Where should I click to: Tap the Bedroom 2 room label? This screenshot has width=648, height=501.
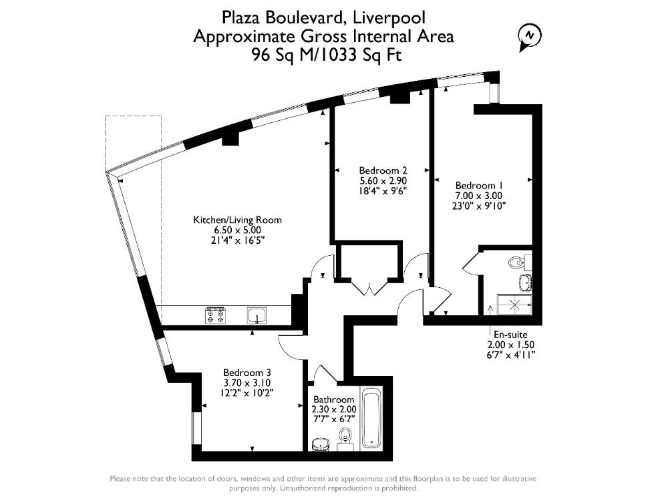(383, 170)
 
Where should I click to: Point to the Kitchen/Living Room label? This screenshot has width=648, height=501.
(238, 220)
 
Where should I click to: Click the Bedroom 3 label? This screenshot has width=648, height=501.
(247, 373)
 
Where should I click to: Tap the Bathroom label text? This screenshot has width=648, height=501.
(334, 399)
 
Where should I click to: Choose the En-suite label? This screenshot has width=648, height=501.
(510, 335)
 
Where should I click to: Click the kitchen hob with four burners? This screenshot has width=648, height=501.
(215, 315)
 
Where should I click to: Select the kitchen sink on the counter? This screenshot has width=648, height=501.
(257, 315)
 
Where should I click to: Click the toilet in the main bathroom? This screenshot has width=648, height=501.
(344, 440)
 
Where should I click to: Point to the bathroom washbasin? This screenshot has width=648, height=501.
(321, 444)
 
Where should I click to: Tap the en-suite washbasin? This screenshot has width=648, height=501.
(526, 281)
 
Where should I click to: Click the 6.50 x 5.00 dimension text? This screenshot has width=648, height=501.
(238, 230)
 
